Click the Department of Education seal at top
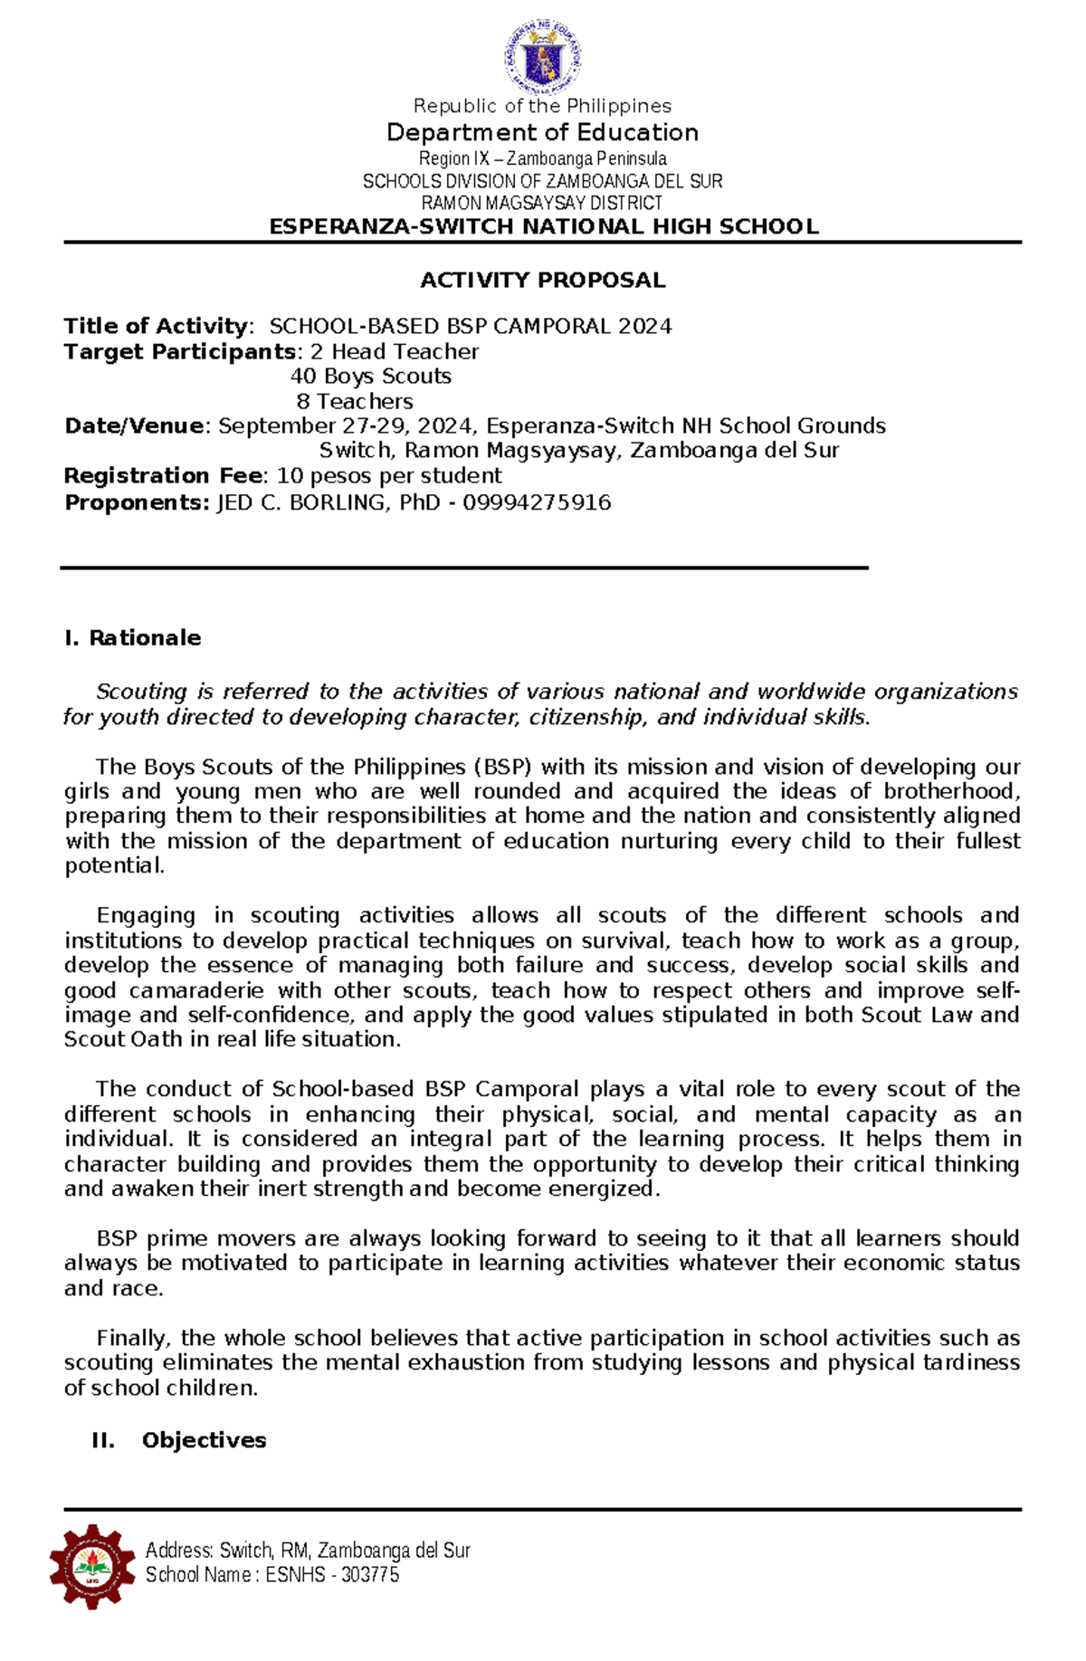point(542,56)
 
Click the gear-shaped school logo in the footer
point(91,1565)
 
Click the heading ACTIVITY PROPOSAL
point(542,281)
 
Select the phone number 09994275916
point(537,502)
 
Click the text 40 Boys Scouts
point(370,377)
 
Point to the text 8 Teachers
point(354,401)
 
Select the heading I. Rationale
point(132,638)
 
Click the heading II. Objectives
point(178,1440)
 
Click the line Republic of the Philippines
point(542,107)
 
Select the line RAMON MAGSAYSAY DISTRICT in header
point(542,204)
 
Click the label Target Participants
point(180,352)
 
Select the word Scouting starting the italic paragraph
point(141,692)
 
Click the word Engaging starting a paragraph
point(146,916)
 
